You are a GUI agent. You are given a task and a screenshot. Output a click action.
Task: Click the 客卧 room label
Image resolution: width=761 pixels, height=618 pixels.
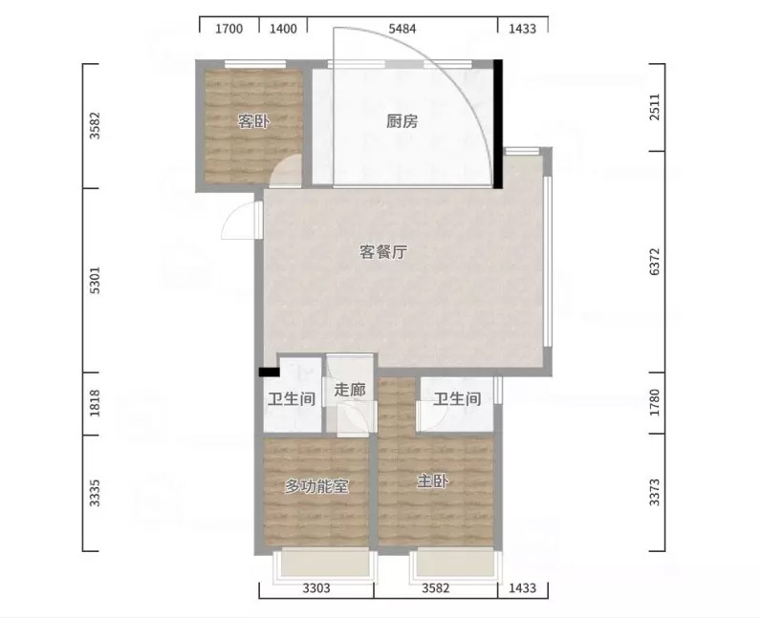(x=253, y=121)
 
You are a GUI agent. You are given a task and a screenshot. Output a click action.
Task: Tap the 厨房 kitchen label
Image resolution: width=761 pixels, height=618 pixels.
(x=402, y=121)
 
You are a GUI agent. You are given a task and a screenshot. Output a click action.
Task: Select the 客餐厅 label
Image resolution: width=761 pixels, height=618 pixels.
(x=383, y=252)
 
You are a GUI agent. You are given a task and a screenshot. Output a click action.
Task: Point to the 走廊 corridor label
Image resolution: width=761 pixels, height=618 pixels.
(x=350, y=390)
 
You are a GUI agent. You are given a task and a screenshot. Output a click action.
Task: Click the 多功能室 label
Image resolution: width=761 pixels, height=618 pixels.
(x=316, y=486)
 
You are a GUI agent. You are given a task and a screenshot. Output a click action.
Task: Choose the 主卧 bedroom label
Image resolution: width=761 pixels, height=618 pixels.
(x=433, y=481)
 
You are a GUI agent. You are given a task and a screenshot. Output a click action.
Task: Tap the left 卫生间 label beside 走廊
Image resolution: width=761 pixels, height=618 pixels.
(x=292, y=399)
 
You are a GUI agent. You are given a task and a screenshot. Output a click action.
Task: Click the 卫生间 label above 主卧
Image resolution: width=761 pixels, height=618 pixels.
(x=457, y=399)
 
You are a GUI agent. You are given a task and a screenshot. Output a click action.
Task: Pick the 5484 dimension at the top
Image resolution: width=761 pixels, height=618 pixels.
(x=402, y=29)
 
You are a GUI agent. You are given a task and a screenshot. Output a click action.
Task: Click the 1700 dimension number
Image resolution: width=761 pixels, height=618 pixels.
(x=229, y=29)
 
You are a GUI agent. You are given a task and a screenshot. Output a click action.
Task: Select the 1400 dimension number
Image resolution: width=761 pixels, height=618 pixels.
(x=283, y=29)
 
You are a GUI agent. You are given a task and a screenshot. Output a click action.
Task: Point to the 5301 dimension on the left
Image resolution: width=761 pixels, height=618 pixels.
(x=96, y=280)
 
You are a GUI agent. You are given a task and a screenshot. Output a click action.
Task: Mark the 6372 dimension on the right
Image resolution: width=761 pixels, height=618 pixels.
(x=655, y=262)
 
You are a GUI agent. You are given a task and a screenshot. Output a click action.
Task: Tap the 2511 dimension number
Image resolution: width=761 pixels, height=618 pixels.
(x=655, y=107)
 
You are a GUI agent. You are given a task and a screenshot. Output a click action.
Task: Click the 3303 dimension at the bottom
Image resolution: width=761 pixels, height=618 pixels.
(x=316, y=588)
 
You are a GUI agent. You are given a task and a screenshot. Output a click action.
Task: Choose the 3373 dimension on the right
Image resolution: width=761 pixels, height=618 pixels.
(x=655, y=492)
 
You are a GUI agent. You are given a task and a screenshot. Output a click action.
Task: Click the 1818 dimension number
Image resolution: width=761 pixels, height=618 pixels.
(x=96, y=403)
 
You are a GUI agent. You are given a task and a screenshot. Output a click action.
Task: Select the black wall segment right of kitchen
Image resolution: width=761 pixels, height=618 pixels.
(x=498, y=124)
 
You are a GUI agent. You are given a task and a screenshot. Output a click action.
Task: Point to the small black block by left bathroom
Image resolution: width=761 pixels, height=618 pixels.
(x=269, y=373)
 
